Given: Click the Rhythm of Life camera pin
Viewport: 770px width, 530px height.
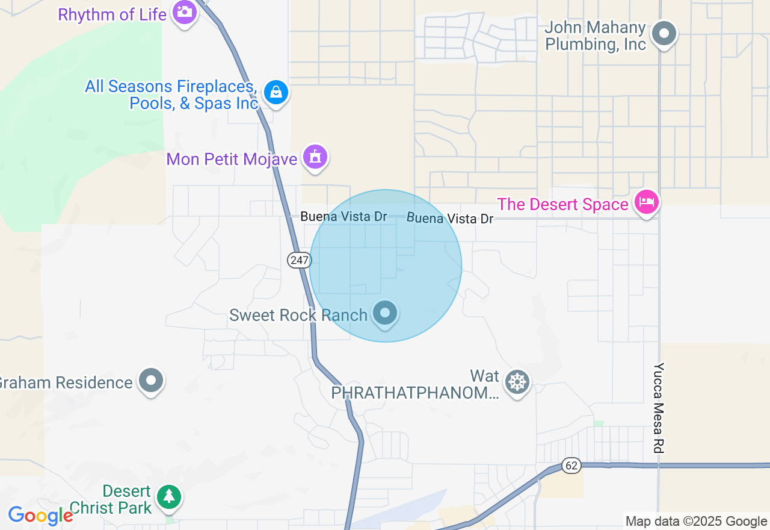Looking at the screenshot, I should [x=184, y=11].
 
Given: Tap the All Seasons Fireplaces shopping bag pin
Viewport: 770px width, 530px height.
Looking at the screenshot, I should [x=276, y=92].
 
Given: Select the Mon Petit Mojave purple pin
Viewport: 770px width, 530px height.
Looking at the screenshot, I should [x=315, y=157].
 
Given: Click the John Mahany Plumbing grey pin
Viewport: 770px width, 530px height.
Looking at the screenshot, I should [x=664, y=33].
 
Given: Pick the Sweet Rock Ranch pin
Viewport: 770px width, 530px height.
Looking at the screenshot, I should [x=385, y=313].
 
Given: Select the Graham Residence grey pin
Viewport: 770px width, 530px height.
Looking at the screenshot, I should [x=150, y=381].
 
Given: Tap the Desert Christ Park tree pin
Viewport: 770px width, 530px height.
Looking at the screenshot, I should [x=169, y=497].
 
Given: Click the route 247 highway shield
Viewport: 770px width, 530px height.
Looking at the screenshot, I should [x=299, y=260].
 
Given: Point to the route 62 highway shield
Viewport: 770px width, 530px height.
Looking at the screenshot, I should [x=571, y=465].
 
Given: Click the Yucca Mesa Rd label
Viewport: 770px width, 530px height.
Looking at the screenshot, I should [x=659, y=408].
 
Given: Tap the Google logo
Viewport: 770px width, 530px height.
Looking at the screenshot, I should [x=40, y=516].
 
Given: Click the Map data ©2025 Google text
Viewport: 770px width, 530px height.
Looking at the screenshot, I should [x=696, y=522].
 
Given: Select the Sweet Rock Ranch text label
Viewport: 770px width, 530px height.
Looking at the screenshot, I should [x=298, y=315].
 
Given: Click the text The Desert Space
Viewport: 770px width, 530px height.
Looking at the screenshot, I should [x=562, y=205].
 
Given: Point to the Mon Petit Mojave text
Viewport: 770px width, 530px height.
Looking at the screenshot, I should [x=232, y=159].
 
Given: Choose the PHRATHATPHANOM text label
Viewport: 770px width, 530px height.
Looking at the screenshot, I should [x=415, y=393].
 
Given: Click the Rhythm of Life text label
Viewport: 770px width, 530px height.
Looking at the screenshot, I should [x=112, y=14].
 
